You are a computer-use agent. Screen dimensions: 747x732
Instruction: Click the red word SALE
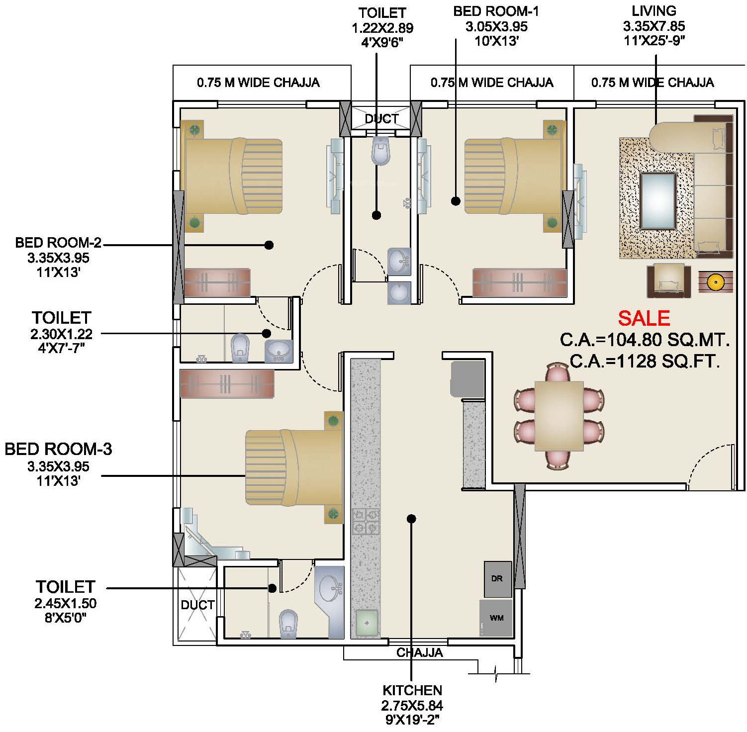point(644,318)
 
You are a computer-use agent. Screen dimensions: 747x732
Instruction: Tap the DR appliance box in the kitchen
point(498,579)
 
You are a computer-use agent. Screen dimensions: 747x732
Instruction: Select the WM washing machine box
point(496,618)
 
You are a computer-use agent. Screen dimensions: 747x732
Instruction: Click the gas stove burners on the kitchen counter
point(366,522)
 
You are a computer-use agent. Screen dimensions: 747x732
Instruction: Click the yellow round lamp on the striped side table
point(715,282)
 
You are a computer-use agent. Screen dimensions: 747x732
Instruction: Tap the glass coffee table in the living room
point(657,200)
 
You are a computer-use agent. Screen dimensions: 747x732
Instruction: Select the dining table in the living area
point(559,416)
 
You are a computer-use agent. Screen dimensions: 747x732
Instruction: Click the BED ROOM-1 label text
point(496,11)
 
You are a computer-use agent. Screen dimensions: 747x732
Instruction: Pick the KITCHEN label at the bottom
point(412,690)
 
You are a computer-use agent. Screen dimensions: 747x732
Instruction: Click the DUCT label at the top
point(381,119)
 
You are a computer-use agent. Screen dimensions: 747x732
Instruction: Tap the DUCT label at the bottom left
point(197,605)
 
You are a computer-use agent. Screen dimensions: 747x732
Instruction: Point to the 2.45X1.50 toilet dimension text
point(65,603)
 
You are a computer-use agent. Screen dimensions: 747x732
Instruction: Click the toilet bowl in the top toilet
point(381,150)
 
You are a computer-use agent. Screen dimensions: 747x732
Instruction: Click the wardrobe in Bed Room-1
point(520,282)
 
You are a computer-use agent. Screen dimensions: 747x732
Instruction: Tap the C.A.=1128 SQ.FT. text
point(645,361)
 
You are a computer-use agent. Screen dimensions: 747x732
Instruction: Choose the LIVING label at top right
point(654,10)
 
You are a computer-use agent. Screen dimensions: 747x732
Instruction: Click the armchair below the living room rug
point(669,281)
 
